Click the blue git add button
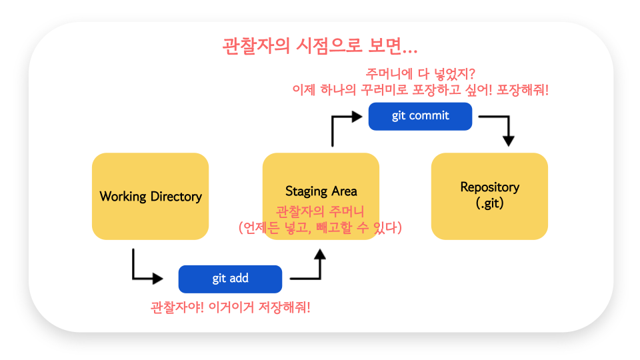pos(230,279)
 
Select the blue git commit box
pos(420,116)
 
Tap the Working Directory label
pos(151,196)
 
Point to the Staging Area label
pos(321,191)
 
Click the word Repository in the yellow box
pos(490,187)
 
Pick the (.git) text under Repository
pos(490,203)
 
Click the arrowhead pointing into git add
pos(158,279)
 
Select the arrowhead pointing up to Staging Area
pos(320,254)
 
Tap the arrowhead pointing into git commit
pos(357,117)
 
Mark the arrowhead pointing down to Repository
pos(508,141)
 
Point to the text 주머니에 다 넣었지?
pos(420,74)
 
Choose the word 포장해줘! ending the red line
pos(523,90)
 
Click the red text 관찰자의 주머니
pos(320,212)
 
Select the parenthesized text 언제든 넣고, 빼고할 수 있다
pos(320,227)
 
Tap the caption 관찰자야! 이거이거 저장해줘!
pos(230,307)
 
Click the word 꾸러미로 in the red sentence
pos(385,90)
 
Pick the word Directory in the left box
pos(176,196)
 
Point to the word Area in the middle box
pos(344,191)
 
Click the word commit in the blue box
pos(429,116)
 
